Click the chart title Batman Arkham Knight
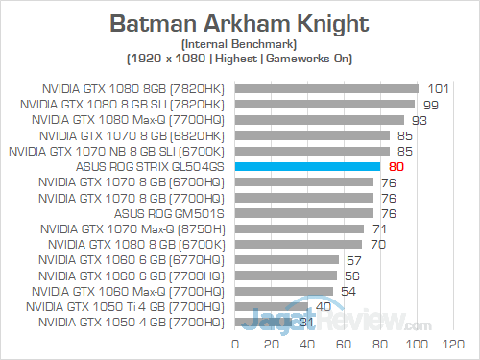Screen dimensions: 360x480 tap(240, 22)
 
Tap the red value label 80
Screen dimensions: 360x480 tap(396, 167)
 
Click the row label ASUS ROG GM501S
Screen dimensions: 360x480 tap(171, 213)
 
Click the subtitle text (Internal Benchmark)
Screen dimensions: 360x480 tap(240, 44)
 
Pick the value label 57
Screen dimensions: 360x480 tap(353, 260)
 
